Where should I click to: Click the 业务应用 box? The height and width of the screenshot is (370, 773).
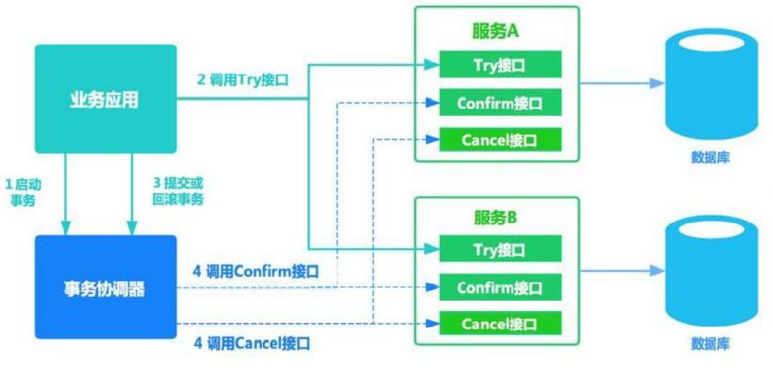[107, 98]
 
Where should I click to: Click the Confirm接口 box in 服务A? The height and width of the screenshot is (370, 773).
[499, 103]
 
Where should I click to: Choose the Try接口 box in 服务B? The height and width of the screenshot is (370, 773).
[499, 250]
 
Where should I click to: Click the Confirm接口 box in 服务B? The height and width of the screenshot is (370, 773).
[499, 288]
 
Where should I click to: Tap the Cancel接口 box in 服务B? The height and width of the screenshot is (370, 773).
[499, 323]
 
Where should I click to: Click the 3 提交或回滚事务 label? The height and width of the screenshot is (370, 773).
[178, 192]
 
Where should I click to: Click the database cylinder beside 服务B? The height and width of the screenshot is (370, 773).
[710, 269]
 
